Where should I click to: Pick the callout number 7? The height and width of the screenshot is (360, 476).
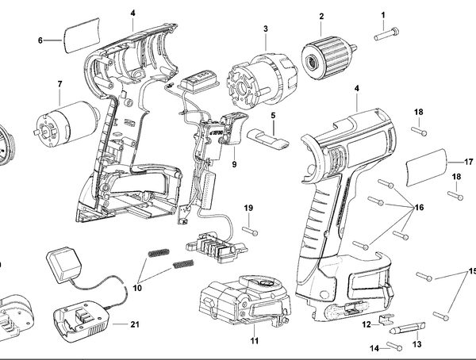[59, 84]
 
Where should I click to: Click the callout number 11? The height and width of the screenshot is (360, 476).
[254, 341]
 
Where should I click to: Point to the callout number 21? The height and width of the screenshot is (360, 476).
[135, 325]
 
